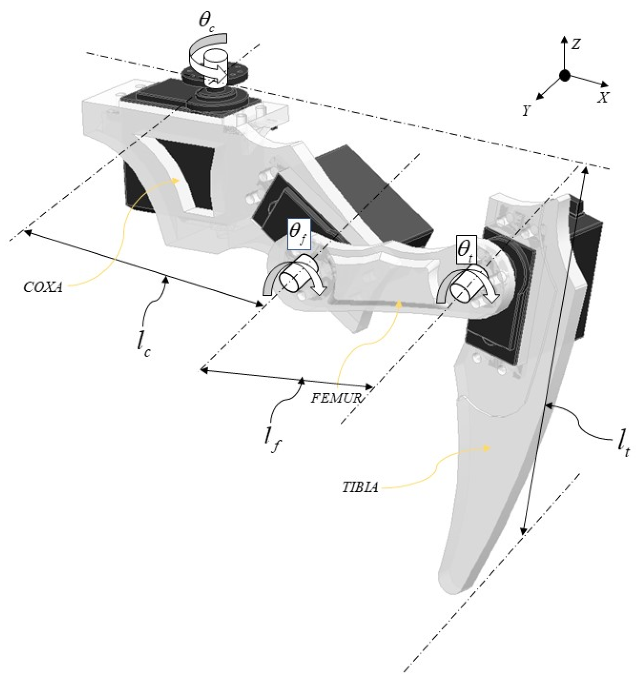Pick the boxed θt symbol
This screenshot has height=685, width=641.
coord(466,249)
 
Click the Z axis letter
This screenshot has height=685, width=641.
coord(576,44)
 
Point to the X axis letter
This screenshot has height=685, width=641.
coord(603,98)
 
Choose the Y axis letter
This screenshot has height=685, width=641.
coord(526,111)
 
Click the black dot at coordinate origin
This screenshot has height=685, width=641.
coord(564,76)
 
